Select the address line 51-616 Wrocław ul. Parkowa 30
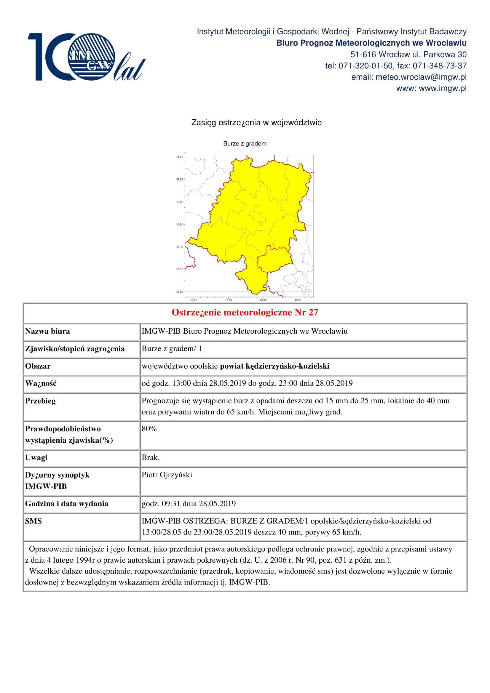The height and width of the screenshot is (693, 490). (x=408, y=54)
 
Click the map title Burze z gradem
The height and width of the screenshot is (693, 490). (x=245, y=144)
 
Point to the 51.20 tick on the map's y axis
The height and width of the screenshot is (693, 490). (x=180, y=157)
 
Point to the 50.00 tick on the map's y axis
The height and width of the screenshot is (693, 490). (x=180, y=292)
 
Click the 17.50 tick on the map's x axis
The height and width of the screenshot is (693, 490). (x=228, y=300)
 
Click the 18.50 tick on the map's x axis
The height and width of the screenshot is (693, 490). (x=298, y=300)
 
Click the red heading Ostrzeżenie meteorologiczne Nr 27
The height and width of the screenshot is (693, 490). (x=245, y=312)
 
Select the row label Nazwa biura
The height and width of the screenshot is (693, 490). (x=47, y=332)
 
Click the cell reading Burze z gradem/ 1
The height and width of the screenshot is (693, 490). (x=171, y=349)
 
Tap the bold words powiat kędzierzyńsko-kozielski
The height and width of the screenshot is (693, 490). (x=274, y=366)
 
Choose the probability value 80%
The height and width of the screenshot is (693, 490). (x=149, y=429)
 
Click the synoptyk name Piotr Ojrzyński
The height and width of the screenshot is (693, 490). (x=167, y=475)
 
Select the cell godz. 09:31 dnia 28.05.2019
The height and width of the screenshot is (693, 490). (x=189, y=504)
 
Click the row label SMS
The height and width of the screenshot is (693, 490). (x=33, y=521)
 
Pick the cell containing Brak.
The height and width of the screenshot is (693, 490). (x=150, y=457)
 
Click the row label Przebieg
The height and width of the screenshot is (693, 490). (x=40, y=401)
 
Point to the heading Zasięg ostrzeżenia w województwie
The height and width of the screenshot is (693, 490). (x=256, y=123)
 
